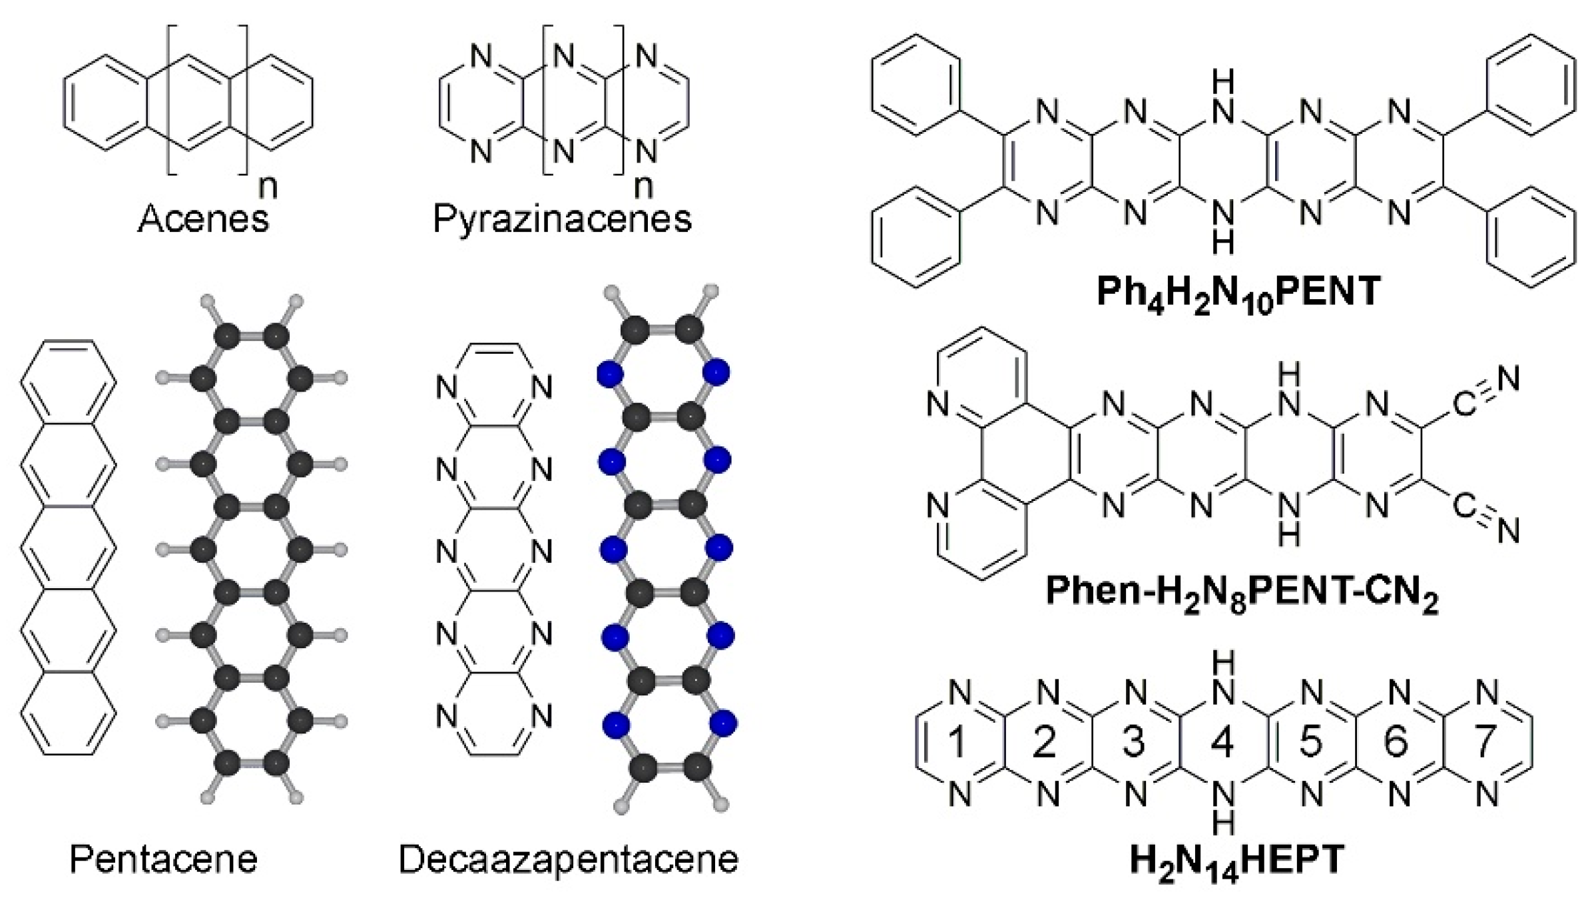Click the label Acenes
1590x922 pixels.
(203, 219)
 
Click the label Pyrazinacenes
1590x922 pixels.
(562, 219)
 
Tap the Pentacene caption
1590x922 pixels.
(163, 859)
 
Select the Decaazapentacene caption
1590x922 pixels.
(568, 859)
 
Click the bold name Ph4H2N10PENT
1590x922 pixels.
(1238, 292)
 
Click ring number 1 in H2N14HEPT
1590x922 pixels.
(957, 741)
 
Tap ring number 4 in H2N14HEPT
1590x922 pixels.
(1222, 741)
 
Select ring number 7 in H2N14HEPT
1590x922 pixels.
(1485, 741)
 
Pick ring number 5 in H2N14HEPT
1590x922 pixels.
(1310, 741)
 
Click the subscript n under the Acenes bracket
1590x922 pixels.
(268, 187)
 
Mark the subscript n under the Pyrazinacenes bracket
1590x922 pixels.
(643, 187)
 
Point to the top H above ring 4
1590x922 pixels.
(1223, 663)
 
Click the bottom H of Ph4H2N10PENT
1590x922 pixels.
(1223, 242)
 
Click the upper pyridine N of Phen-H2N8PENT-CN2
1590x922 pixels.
(937, 404)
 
